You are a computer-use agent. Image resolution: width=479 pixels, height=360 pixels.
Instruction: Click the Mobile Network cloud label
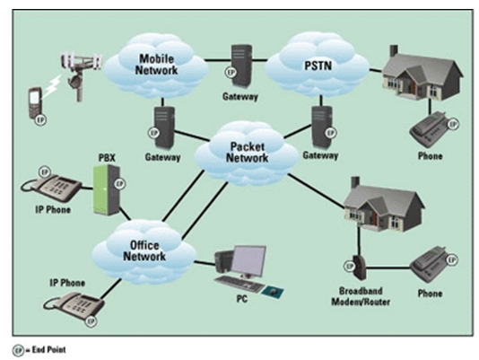pos(156,65)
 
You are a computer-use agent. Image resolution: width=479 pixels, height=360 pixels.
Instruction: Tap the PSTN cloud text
pos(318,66)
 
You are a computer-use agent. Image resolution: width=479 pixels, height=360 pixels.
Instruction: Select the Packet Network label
pos(247,152)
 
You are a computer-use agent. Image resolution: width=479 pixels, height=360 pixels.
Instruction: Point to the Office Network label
pos(144,250)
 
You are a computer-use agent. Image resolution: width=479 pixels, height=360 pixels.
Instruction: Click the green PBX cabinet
pos(106,189)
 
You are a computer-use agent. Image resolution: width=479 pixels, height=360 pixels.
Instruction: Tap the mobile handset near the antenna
pos(36,102)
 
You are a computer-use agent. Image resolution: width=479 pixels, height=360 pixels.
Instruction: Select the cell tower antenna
pos(81,75)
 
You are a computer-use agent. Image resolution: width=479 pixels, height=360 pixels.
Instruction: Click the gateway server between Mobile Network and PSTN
pos(241,66)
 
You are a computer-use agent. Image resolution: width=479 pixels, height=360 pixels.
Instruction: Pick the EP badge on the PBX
pos(120,184)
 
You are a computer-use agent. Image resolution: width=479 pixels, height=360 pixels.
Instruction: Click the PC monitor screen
pos(248,261)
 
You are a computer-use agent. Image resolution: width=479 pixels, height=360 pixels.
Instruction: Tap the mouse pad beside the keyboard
pos(273,292)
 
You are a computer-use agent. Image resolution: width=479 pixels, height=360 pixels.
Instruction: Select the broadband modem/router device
pos(359,268)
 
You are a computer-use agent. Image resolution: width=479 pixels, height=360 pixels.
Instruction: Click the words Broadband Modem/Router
pos(361,296)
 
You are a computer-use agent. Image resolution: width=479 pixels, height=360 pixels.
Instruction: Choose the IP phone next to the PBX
pos(51,187)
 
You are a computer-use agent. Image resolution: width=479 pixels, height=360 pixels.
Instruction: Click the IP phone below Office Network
pos(74,306)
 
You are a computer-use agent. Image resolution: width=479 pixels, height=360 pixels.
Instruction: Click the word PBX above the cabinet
pos(107,158)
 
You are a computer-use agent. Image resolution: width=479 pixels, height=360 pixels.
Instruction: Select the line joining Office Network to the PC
pos(205,262)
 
